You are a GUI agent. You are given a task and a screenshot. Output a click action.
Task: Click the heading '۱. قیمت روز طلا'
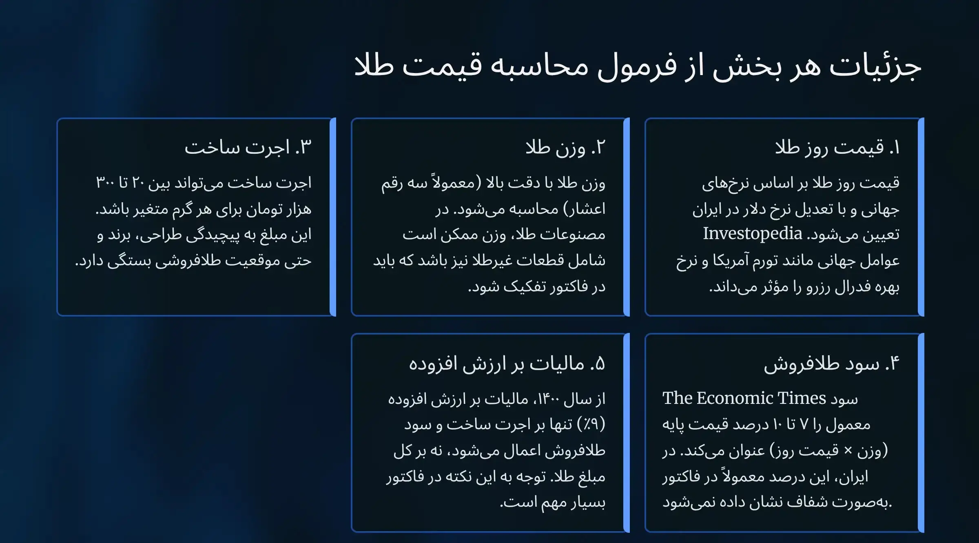click(x=837, y=147)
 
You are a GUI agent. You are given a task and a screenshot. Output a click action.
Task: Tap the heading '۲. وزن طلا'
click(x=565, y=147)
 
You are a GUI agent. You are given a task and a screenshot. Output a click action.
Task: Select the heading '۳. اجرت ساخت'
click(x=248, y=147)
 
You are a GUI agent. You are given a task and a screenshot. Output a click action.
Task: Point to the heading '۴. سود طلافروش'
click(x=831, y=363)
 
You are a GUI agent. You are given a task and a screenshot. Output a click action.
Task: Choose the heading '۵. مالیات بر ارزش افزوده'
click(x=507, y=363)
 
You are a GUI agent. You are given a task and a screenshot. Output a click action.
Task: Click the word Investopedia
click(x=753, y=234)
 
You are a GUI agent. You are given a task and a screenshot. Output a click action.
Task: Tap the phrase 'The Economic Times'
click(x=744, y=398)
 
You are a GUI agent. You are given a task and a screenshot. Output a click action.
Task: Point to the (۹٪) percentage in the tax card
click(x=591, y=425)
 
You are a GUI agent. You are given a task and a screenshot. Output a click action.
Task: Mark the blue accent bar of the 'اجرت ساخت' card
click(x=333, y=217)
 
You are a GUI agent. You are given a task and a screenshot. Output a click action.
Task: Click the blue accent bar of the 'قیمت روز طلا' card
click(x=921, y=217)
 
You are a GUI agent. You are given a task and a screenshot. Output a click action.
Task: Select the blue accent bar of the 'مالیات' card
click(x=627, y=433)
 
